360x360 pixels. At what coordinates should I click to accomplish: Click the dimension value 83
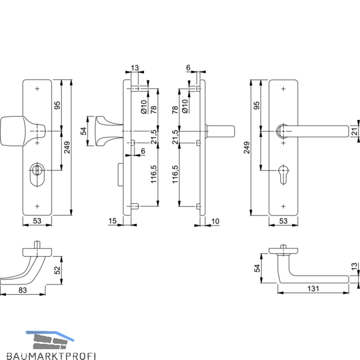[x=23, y=290]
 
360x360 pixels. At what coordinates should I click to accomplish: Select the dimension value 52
[x=57, y=270]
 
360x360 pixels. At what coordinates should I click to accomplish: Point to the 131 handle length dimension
[x=313, y=289]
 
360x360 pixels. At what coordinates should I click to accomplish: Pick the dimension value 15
[x=112, y=221]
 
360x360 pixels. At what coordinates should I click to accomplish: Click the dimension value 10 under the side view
[x=215, y=221]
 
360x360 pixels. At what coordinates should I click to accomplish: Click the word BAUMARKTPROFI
[x=51, y=356]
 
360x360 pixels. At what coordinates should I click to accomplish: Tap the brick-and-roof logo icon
[x=50, y=340]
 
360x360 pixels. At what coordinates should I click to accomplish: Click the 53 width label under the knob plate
[x=37, y=221]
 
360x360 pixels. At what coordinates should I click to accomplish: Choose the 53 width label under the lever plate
[x=283, y=221]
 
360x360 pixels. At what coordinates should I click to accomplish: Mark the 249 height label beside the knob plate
[x=67, y=148]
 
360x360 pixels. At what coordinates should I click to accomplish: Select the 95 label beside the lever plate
[x=257, y=106]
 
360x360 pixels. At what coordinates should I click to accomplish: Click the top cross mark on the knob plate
[x=37, y=89]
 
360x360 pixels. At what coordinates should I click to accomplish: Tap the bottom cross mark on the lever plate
[x=283, y=206]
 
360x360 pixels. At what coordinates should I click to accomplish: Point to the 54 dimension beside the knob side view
[x=84, y=131]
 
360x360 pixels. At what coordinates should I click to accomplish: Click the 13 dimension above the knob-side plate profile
[x=135, y=68]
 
